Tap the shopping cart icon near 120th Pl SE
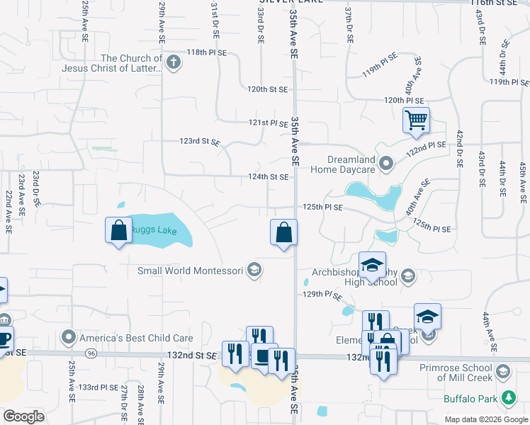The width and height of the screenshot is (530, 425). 416,120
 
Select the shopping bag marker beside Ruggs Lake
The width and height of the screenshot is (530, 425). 118,230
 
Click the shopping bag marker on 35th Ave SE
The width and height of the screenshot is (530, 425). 283,232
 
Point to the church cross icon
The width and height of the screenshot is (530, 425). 173,63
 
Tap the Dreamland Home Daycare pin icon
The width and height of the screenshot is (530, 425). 386,164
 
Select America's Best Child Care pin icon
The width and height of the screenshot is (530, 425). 69,336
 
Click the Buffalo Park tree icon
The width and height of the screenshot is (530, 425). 508,399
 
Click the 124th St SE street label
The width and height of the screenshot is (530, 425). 267,177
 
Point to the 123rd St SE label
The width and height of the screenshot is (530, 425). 201,141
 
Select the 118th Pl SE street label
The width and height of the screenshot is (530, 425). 206,52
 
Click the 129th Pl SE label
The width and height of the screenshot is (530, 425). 322,294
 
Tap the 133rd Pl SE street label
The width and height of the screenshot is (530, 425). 98,387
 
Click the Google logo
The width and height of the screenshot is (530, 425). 24,416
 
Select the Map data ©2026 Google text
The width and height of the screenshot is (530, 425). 485,419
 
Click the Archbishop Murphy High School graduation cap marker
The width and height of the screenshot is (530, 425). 372,266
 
